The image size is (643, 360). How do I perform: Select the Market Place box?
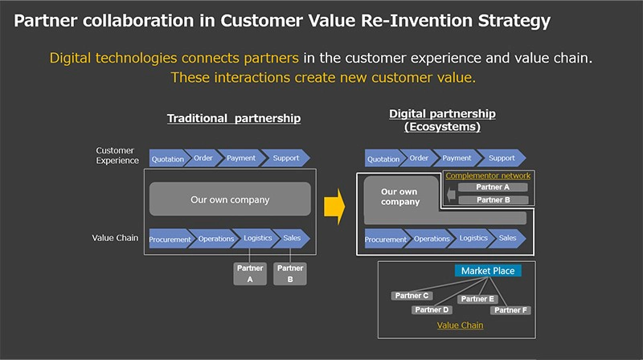[488, 271]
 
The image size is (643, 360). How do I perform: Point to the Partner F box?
[511, 309]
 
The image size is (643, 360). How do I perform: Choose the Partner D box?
[432, 309]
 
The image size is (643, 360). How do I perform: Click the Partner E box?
[477, 299]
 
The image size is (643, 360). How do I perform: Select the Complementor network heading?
[488, 175]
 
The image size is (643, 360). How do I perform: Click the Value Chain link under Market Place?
[460, 325]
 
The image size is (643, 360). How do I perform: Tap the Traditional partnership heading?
[234, 118]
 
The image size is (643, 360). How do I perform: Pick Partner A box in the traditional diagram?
[250, 273]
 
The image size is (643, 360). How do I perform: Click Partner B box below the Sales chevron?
[290, 273]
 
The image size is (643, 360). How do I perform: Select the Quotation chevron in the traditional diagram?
[168, 158]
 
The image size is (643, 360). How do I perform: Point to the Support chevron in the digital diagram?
[502, 158]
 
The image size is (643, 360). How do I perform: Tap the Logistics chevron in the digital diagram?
[473, 239]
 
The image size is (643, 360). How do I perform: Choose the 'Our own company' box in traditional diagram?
[229, 199]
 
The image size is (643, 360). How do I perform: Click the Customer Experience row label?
[118, 155]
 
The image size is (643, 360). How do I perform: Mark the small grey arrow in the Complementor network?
[450, 194]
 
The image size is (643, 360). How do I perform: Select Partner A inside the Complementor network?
[492, 187]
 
